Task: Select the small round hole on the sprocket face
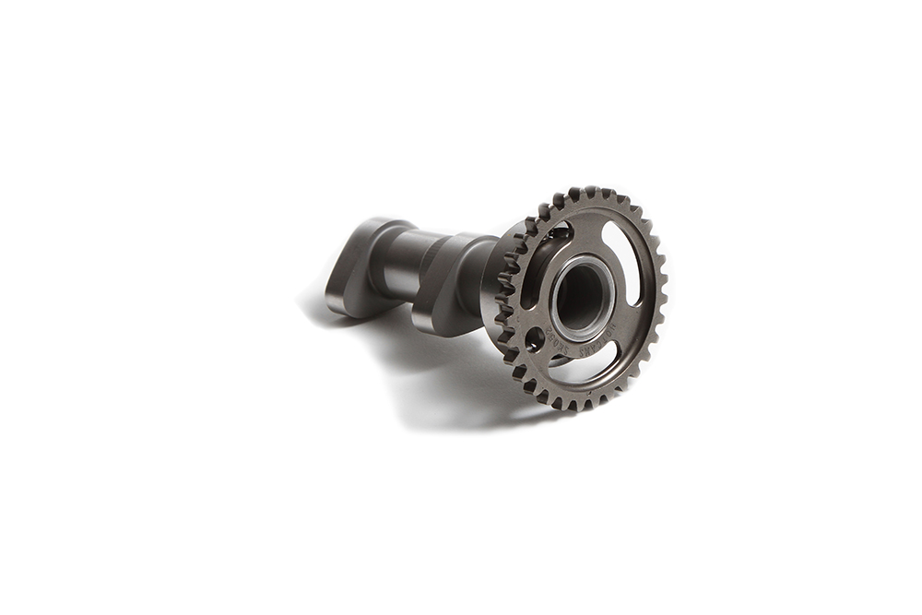[x=533, y=339]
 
